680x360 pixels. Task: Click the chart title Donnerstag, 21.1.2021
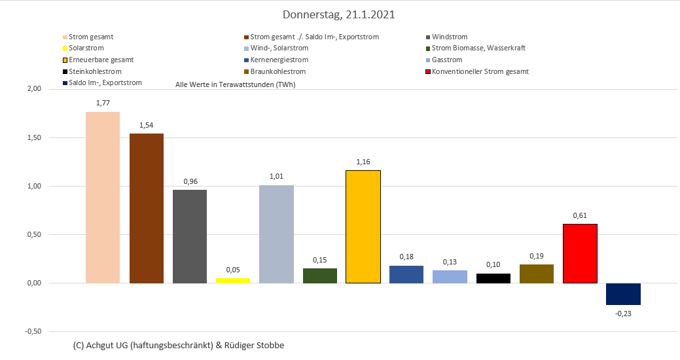(339, 14)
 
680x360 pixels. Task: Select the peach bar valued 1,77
(103, 197)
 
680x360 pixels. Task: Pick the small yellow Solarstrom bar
(233, 280)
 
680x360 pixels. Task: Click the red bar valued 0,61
(580, 253)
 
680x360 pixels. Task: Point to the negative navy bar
(623, 294)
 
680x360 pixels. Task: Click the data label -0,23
(623, 314)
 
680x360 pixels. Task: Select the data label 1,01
(276, 175)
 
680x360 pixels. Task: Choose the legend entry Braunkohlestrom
(278, 71)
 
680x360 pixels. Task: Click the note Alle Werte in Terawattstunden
(236, 84)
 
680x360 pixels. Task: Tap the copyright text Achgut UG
(179, 345)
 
